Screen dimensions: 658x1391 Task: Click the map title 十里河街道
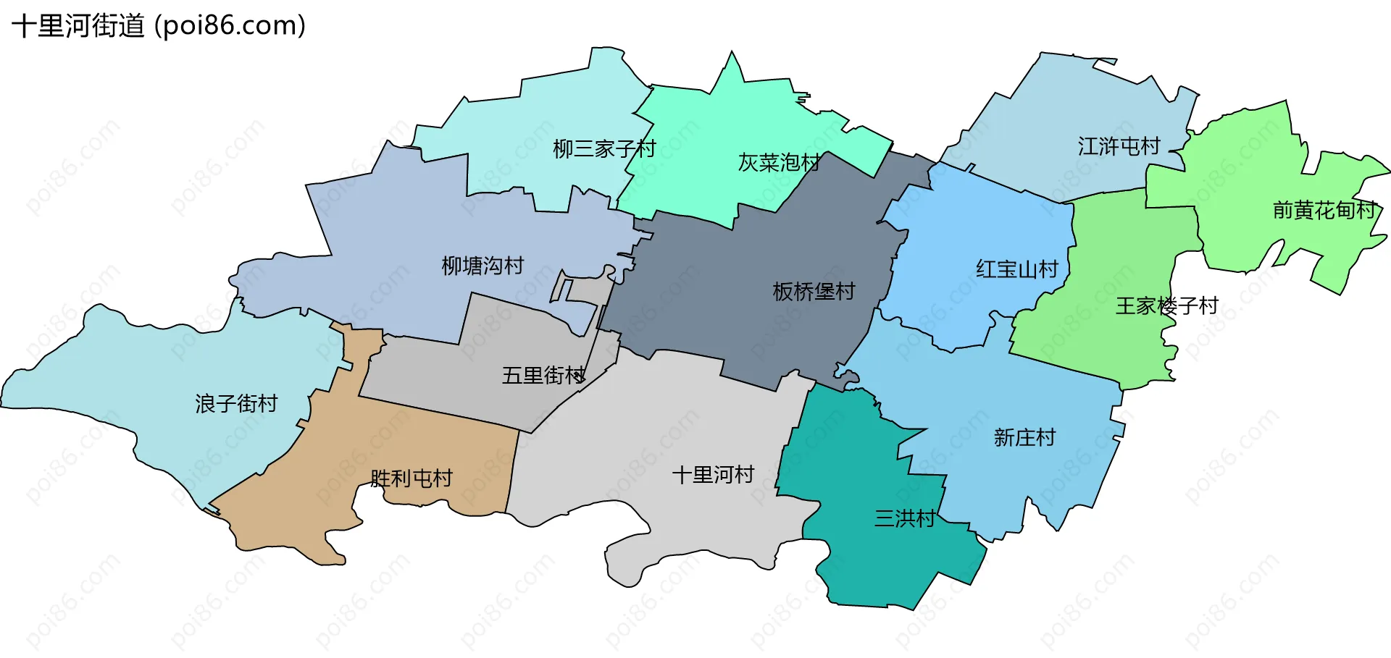point(78,26)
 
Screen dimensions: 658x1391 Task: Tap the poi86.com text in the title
point(230,26)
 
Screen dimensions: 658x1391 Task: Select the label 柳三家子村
point(604,149)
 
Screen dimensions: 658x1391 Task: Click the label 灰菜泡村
point(779,163)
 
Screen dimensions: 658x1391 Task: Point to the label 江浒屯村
point(1119,147)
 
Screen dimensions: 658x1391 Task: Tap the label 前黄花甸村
point(1324,211)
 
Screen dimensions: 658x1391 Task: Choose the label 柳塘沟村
point(483,266)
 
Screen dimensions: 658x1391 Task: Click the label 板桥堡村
point(814,292)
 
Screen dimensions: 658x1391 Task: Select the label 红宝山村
point(1017,269)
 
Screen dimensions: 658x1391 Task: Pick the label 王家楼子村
point(1166,306)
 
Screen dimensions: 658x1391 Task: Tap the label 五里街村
point(543,376)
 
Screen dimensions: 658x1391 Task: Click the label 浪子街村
point(236,404)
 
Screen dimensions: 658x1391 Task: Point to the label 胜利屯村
point(411,478)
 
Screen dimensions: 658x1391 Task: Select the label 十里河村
point(713,475)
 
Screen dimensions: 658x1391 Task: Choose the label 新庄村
point(1024,438)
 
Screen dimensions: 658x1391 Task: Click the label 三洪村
point(904,519)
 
